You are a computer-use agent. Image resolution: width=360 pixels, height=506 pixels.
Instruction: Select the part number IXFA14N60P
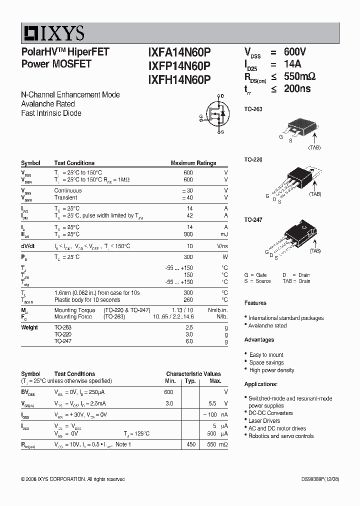click(179, 52)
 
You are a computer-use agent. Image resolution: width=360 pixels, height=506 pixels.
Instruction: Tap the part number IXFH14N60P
click(179, 79)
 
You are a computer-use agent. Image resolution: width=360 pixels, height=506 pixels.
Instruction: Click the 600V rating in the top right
click(295, 52)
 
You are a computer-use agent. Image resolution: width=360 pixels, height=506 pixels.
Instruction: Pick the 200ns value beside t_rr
click(297, 89)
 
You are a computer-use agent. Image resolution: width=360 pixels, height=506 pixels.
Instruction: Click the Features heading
click(255, 303)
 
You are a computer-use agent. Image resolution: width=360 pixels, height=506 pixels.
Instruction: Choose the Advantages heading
click(259, 340)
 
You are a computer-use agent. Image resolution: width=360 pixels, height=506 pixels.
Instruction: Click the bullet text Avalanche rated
click(267, 325)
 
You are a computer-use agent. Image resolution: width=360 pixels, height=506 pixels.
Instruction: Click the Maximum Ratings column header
click(193, 163)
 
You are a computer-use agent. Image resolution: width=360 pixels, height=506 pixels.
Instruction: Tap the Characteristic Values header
click(193, 374)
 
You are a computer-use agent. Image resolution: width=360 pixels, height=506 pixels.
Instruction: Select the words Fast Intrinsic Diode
click(51, 113)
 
